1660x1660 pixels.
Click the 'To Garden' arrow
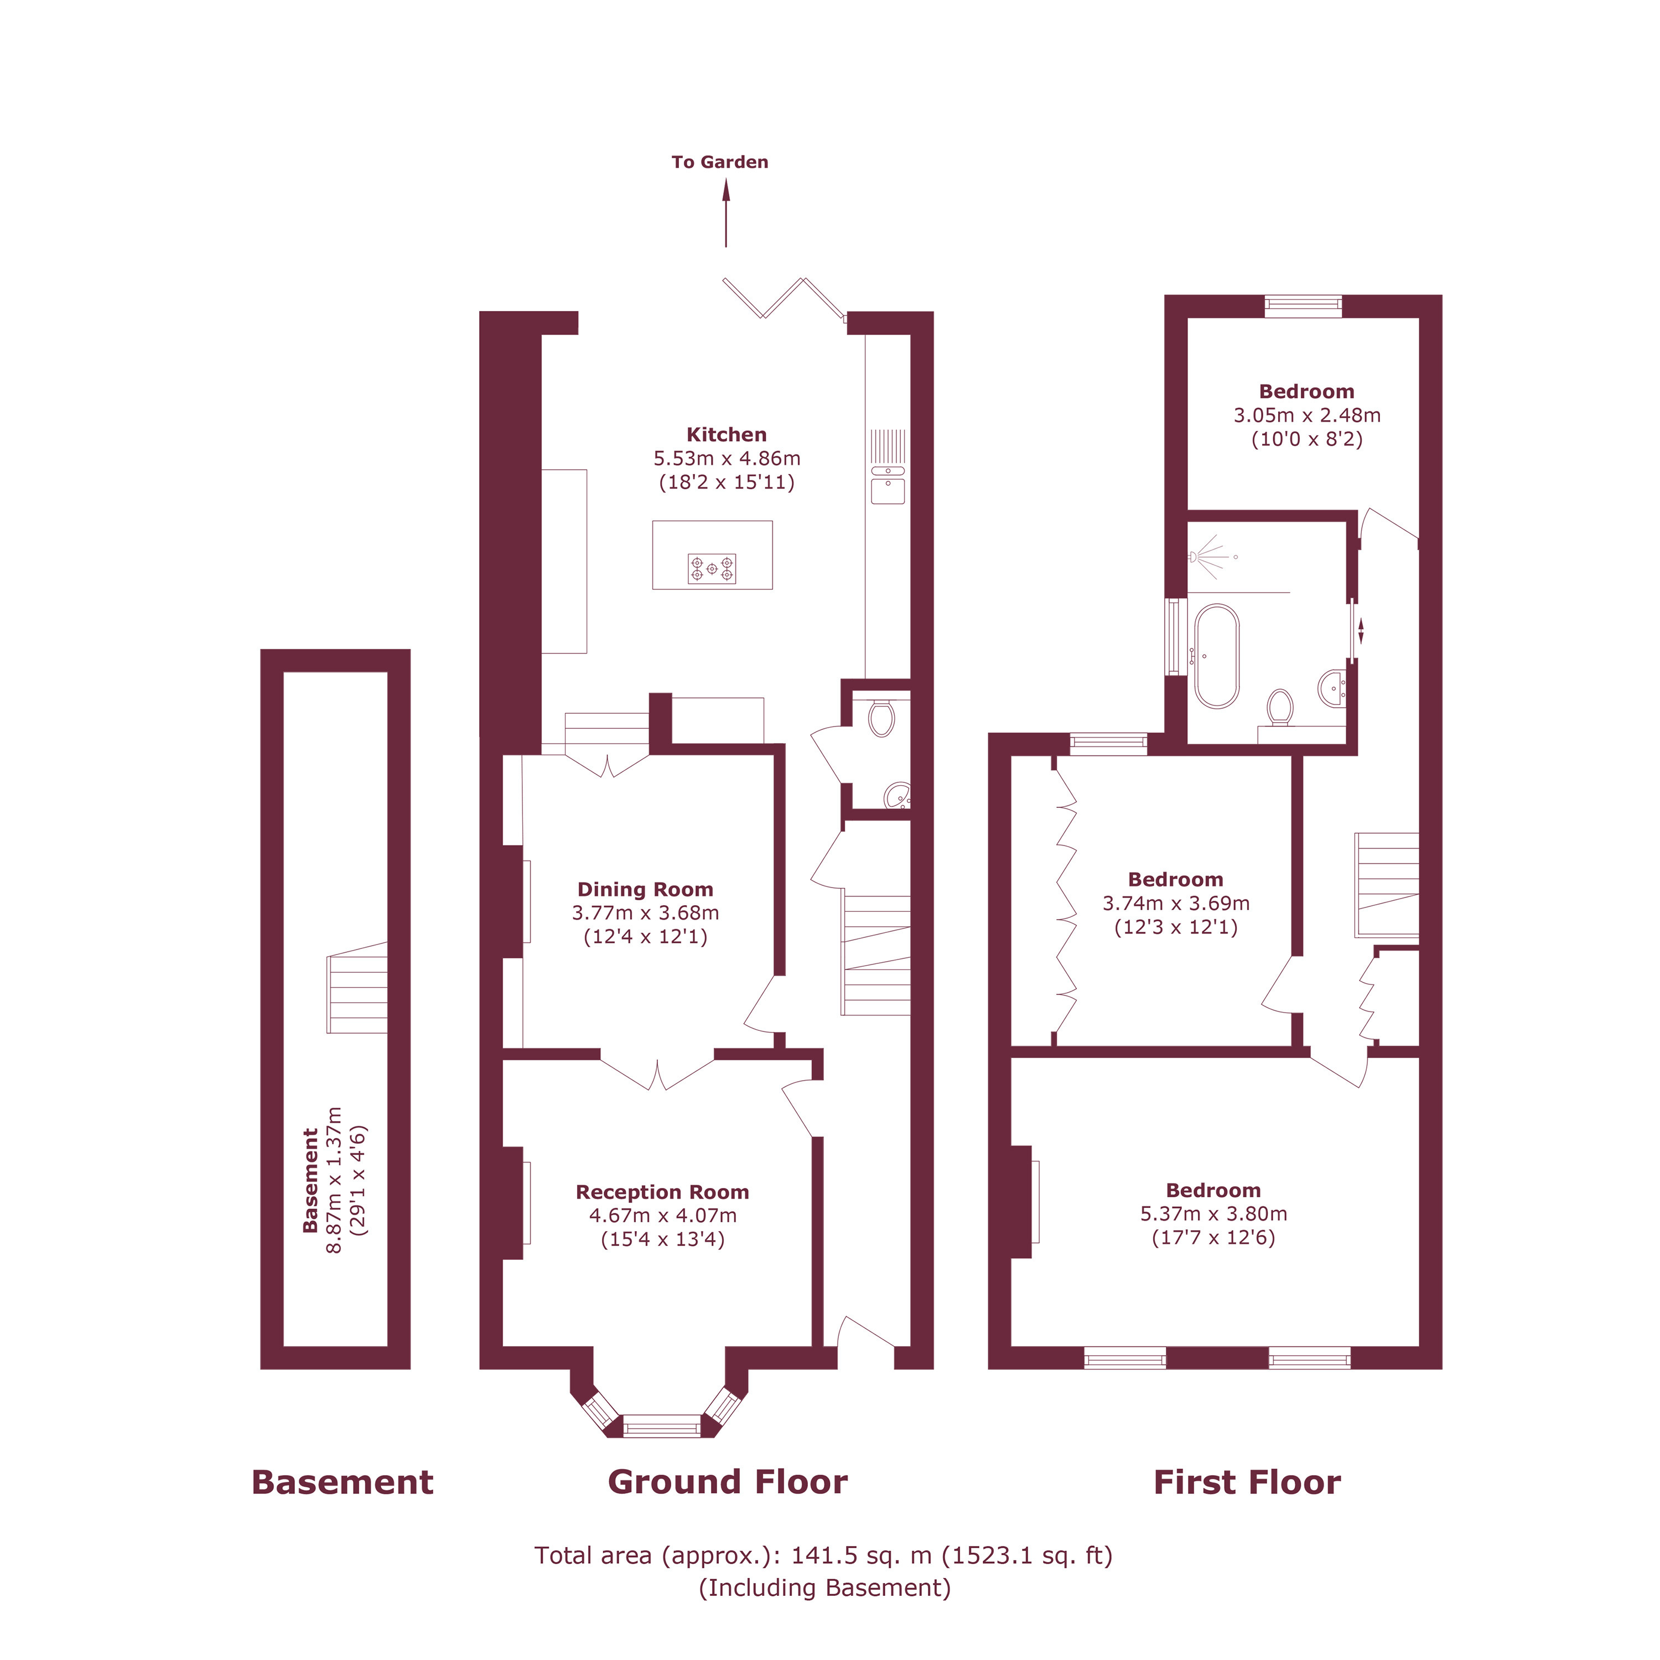pyautogui.click(x=726, y=212)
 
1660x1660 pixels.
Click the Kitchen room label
pyautogui.click(x=726, y=435)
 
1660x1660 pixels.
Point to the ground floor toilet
pyautogui.click(x=881, y=718)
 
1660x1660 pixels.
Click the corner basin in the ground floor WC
pyautogui.click(x=898, y=796)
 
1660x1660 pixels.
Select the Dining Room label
pyautogui.click(x=645, y=889)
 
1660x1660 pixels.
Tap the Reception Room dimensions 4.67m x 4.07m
pyautogui.click(x=662, y=1215)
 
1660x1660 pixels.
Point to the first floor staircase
pyautogui.click(x=1387, y=884)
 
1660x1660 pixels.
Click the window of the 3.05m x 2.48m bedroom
pyautogui.click(x=1303, y=306)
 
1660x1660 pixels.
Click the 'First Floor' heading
pyautogui.click(x=1247, y=1482)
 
